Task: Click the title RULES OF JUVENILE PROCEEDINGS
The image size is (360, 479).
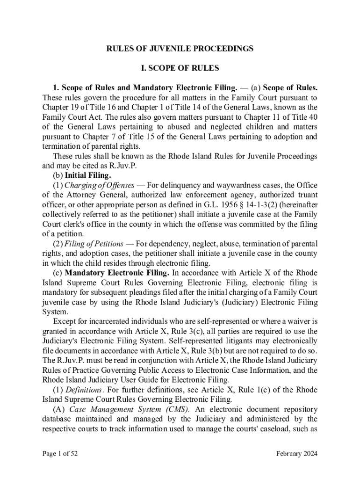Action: [180, 48]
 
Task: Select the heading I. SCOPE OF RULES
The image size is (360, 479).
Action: [180, 68]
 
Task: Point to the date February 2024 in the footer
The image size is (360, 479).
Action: [296, 453]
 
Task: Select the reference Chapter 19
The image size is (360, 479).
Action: [59, 107]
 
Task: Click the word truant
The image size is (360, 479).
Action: [306, 195]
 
